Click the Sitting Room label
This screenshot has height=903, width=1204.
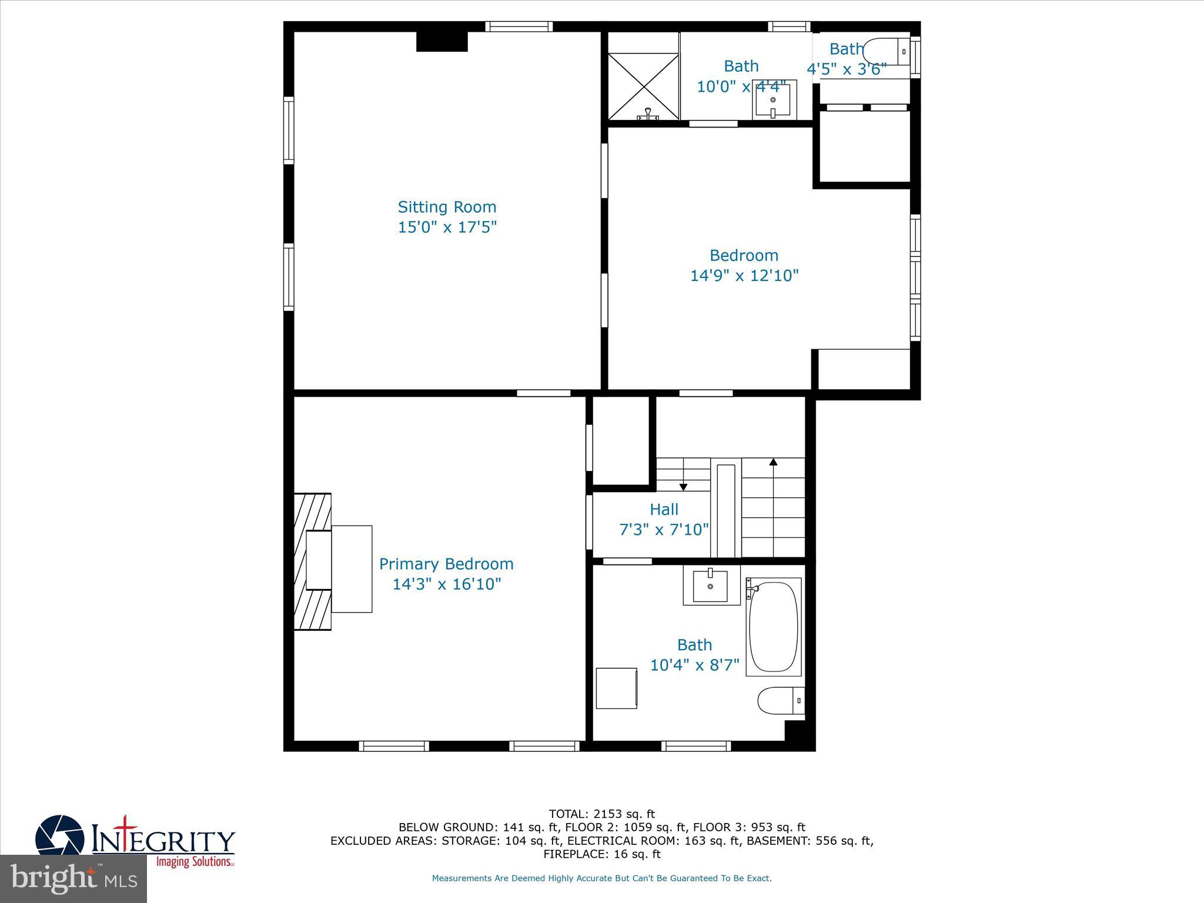(447, 207)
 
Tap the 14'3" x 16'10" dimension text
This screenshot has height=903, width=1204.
(446, 584)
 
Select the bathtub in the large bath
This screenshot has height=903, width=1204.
(774, 627)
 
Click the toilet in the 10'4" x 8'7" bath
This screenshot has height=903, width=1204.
(780, 701)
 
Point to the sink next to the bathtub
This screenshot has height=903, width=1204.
(711, 586)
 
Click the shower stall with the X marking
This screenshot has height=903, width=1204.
(643, 86)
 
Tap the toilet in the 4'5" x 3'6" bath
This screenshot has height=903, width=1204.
(885, 52)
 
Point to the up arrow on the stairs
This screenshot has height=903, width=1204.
(773, 463)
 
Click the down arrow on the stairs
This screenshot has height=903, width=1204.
(683, 486)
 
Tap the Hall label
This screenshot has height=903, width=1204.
(664, 509)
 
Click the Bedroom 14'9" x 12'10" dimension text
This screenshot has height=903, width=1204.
(744, 275)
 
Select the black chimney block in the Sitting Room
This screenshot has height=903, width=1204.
(442, 42)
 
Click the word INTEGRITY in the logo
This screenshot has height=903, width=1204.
(163, 841)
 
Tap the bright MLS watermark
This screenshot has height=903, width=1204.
(73, 878)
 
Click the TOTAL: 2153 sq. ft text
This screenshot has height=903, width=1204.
(601, 814)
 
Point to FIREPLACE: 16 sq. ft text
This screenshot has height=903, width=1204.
(601, 854)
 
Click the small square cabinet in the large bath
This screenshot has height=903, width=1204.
(616, 688)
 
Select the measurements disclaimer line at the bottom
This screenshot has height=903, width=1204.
(601, 878)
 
